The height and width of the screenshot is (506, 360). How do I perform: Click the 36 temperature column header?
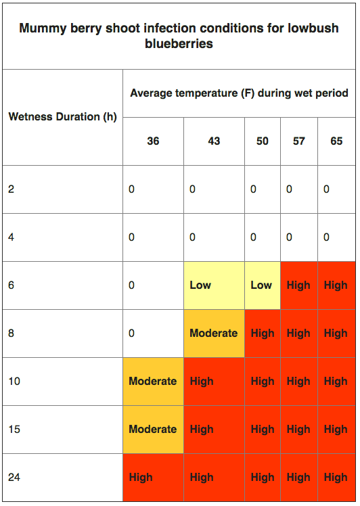[x=153, y=141]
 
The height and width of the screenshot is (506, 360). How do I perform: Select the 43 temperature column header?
[x=214, y=141]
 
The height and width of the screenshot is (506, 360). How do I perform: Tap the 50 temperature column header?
[x=262, y=141]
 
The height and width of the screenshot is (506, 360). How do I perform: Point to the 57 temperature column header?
[x=298, y=141]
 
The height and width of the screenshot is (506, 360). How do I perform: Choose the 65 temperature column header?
[x=336, y=141]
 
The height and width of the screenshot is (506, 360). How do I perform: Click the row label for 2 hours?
[x=12, y=189]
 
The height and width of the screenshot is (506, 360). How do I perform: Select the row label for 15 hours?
[x=14, y=429]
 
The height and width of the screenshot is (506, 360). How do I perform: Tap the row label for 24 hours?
[x=14, y=478]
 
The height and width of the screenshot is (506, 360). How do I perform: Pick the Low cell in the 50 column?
[x=261, y=285]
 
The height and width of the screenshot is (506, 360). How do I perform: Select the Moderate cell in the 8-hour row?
[x=213, y=333]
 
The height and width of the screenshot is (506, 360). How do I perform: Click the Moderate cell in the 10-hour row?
[x=153, y=381]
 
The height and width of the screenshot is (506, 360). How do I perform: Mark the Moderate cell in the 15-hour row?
[x=153, y=429]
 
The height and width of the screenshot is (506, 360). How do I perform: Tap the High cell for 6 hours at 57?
[x=298, y=285]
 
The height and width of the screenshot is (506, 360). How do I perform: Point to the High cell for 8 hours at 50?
[x=263, y=333]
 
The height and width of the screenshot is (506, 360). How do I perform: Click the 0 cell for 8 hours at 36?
[x=131, y=333]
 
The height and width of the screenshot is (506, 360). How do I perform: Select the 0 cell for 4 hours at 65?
[x=326, y=237]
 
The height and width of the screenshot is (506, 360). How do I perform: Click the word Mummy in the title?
[x=43, y=28]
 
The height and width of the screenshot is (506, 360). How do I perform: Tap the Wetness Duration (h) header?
[x=63, y=116]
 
